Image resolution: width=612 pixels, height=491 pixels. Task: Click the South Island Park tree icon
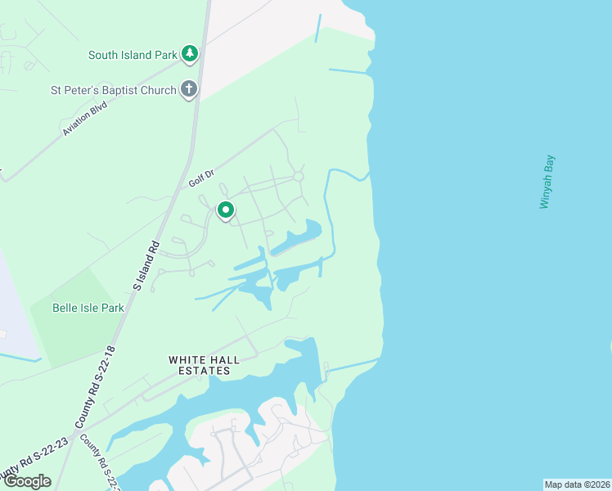pos(190,55)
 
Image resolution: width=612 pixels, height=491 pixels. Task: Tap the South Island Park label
pos(133,55)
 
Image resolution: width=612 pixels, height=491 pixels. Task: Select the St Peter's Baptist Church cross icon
pos(189,89)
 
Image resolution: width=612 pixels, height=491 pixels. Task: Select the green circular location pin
pos(226,210)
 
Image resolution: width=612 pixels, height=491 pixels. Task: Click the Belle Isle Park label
pos(88,309)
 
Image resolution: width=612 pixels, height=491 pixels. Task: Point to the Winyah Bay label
pos(546,182)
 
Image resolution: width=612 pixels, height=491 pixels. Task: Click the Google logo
pos(27,481)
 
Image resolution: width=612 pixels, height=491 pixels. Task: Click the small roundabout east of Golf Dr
pos(299,176)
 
